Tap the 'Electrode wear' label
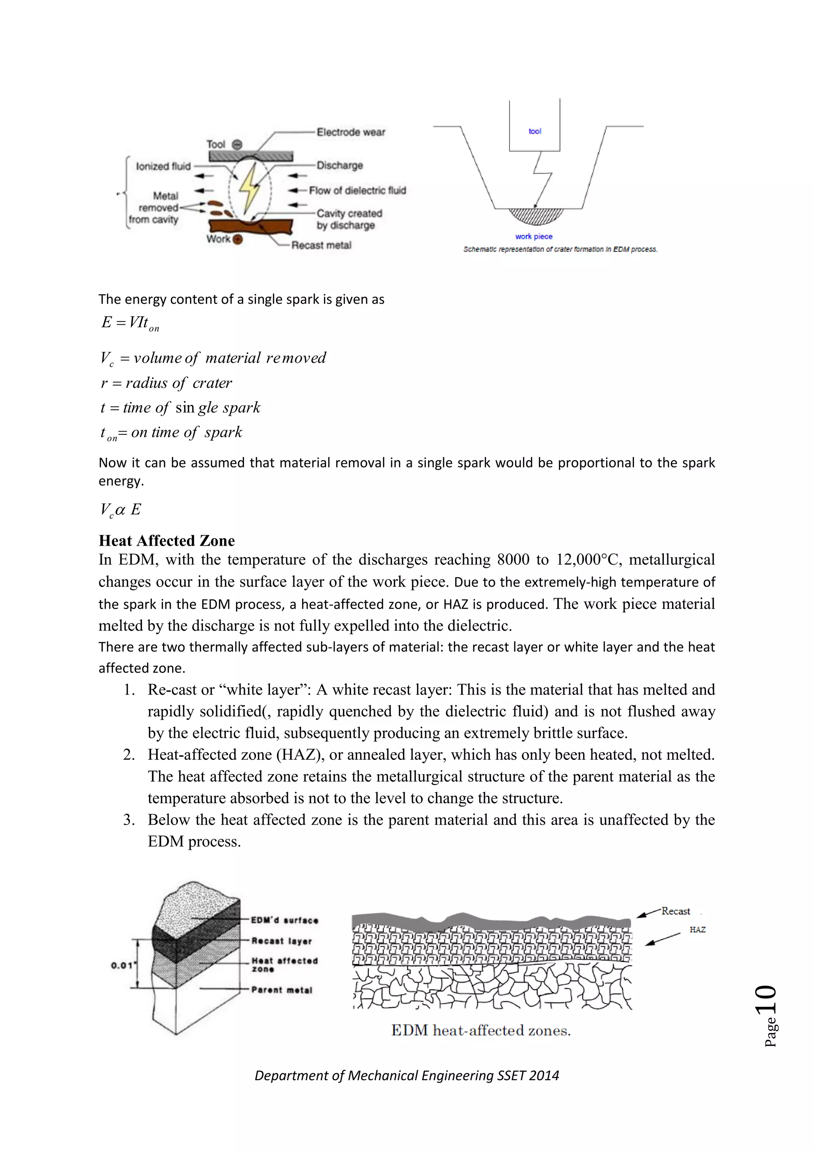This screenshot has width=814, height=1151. (351, 132)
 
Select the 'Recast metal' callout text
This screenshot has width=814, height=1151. (321, 245)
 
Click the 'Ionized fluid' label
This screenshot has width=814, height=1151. (163, 166)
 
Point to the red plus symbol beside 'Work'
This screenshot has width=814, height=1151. (238, 239)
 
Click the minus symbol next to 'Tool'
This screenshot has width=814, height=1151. (238, 144)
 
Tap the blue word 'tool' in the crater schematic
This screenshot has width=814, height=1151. (535, 131)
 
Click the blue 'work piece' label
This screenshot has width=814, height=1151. (534, 236)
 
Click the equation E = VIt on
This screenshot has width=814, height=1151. (130, 323)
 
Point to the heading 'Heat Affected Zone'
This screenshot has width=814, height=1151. (167, 541)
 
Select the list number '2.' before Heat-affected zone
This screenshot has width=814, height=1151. (129, 754)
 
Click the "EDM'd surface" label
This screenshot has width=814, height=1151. (285, 920)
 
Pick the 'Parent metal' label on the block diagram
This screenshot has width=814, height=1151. (282, 990)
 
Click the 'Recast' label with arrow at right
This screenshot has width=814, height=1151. (676, 911)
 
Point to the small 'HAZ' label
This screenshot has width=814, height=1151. (697, 929)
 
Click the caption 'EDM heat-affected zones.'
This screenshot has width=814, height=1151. (481, 1031)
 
